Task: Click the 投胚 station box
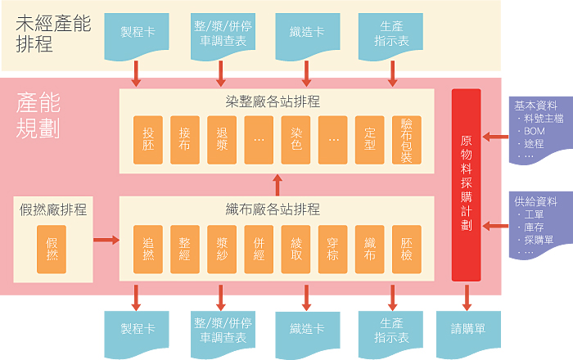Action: (x=148, y=139)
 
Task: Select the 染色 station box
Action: (x=296, y=139)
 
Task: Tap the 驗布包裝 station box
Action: (x=407, y=139)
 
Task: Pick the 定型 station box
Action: (x=370, y=139)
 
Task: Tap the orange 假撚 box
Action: (x=52, y=249)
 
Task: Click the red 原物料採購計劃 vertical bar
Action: (x=466, y=184)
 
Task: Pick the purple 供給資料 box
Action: (x=538, y=225)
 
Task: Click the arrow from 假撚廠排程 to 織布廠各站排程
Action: (x=105, y=240)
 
